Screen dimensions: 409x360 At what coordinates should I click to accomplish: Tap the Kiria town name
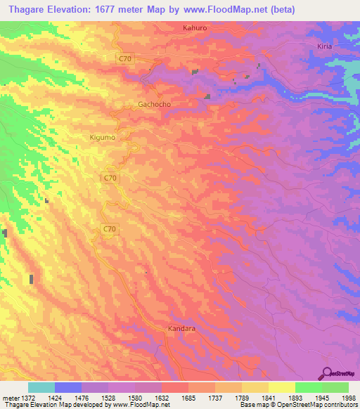(x=323, y=46)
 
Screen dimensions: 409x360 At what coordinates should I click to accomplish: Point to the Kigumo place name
(x=104, y=138)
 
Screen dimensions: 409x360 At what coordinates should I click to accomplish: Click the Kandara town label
(x=182, y=328)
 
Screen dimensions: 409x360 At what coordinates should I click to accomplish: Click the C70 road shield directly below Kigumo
(x=109, y=178)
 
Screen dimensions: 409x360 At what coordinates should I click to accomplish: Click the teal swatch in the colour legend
(x=41, y=387)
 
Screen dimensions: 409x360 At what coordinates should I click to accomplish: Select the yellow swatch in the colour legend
(x=281, y=387)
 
